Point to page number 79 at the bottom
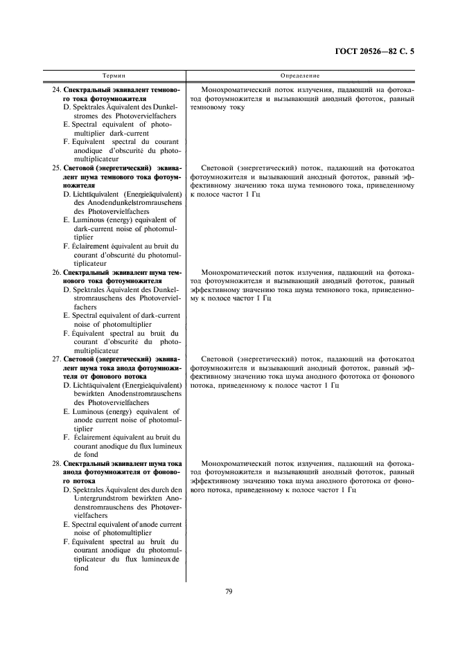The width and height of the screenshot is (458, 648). (229, 591)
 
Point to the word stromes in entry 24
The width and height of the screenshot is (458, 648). (88, 116)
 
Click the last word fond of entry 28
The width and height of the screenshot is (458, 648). (81, 568)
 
